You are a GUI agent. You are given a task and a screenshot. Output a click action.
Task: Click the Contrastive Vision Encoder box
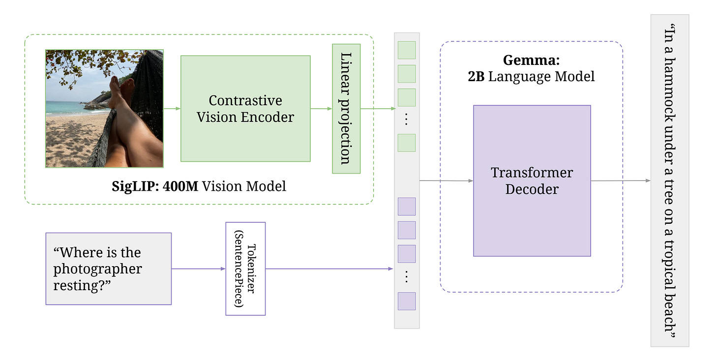(x=245, y=108)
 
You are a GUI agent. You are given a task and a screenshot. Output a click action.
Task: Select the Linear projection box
(x=346, y=109)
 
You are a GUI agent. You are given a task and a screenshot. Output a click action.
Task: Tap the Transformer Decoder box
(x=532, y=181)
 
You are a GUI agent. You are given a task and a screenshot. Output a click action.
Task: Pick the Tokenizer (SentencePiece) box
(x=245, y=269)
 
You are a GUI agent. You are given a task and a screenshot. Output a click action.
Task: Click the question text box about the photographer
(x=109, y=269)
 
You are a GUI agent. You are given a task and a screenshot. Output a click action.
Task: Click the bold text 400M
(x=180, y=186)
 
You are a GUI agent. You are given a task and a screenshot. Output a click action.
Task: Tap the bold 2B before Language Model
(x=476, y=76)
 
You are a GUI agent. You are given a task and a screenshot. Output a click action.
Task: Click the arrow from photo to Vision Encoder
(x=172, y=109)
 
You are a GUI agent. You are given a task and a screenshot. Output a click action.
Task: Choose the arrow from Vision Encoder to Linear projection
(x=321, y=109)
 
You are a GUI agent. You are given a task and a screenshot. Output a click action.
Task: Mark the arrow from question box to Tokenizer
(x=199, y=269)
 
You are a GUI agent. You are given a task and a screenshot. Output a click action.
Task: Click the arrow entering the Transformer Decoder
(x=446, y=181)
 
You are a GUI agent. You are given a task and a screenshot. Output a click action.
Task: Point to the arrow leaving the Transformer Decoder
(x=621, y=181)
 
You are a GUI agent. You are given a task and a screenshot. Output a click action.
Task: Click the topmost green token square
(x=407, y=50)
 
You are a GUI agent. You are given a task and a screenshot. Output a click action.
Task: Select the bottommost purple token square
(x=407, y=301)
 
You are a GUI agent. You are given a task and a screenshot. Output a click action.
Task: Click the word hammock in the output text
(x=669, y=97)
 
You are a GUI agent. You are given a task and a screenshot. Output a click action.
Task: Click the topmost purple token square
(x=407, y=207)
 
